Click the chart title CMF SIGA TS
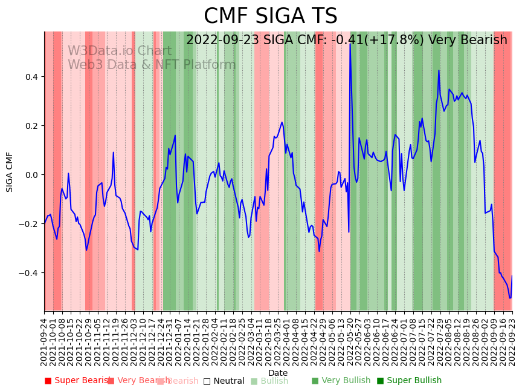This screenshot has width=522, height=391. (270, 16)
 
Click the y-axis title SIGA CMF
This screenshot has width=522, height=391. (10, 172)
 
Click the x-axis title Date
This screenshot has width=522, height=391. (278, 373)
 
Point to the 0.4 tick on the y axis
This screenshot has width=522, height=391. (31, 77)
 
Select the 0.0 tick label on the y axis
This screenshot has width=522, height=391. (31, 175)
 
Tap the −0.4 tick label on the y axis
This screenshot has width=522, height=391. (28, 273)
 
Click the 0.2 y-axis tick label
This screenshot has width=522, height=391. (31, 126)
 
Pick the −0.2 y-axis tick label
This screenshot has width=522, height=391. (28, 224)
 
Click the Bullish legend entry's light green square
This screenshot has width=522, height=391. (254, 381)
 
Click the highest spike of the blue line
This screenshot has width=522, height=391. (350, 44)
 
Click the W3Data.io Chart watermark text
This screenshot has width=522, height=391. (120, 51)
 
